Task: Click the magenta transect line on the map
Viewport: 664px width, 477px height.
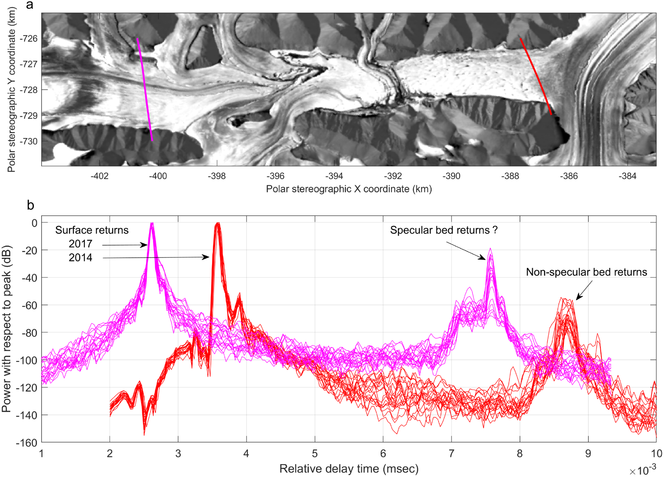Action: click(x=145, y=89)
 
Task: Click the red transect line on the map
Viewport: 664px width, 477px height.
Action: click(x=536, y=76)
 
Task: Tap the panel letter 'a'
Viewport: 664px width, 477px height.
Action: click(x=30, y=5)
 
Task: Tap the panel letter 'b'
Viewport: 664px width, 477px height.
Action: click(x=30, y=205)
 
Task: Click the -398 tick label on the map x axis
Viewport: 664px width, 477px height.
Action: click(x=217, y=176)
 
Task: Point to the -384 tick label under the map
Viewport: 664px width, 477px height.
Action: click(x=627, y=176)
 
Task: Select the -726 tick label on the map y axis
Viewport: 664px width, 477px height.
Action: click(x=29, y=39)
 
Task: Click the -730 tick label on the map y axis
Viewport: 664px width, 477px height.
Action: click(x=29, y=141)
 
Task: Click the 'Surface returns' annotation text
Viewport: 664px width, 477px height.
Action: click(x=92, y=230)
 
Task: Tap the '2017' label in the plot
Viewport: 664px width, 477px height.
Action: click(x=80, y=244)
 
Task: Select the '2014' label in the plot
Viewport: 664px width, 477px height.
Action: click(x=80, y=258)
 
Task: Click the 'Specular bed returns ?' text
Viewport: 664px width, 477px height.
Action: click(x=444, y=230)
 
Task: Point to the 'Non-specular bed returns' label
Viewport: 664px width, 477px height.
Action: click(x=586, y=272)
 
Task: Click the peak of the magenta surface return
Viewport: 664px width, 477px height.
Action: click(x=152, y=223)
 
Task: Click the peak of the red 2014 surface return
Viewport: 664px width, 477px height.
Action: click(x=218, y=223)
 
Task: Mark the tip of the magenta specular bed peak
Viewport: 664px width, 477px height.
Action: click(x=490, y=249)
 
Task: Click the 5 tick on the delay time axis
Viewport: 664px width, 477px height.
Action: click(x=315, y=454)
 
